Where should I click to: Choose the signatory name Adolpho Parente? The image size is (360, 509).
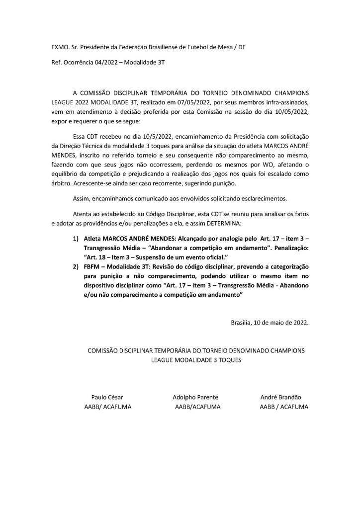pos(195,397)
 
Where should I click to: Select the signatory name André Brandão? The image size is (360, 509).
pos(280,397)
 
